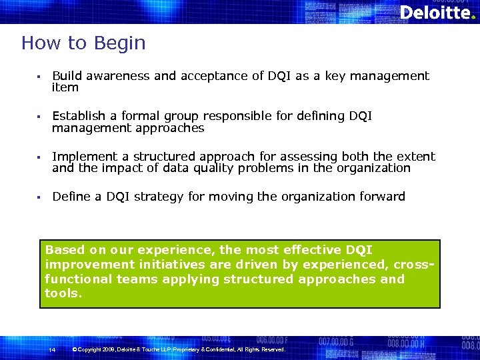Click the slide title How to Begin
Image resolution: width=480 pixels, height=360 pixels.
pos(83,43)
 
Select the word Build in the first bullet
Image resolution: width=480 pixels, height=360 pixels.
pos(67,76)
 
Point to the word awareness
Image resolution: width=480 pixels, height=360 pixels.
pos(117,76)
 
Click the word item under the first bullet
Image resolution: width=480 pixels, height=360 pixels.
pos(65,87)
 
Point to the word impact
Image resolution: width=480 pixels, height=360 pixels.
pos(123,168)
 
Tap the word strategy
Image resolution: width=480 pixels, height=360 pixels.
pos(161,197)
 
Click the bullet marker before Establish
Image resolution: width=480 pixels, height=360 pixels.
pos(41,117)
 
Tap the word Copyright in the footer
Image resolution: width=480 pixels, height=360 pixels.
pos(95,349)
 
